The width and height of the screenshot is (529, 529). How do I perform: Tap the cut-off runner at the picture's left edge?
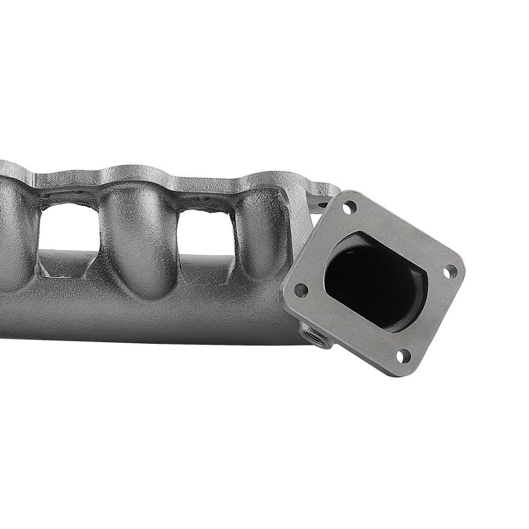tap(13, 238)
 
